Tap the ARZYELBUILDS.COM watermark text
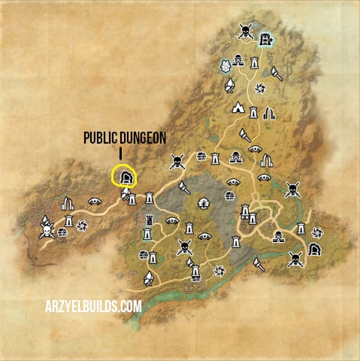click(x=92, y=305)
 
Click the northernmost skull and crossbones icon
click(x=245, y=31)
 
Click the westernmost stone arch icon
click(x=68, y=202)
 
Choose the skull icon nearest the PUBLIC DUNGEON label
click(x=177, y=160)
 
